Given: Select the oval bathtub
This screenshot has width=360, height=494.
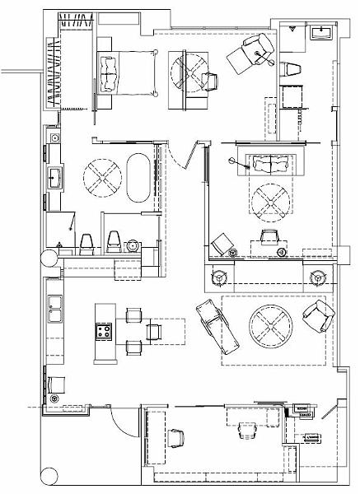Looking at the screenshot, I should pyautogui.click(x=138, y=175).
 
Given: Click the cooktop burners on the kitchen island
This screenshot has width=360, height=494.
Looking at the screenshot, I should pyautogui.click(x=104, y=332).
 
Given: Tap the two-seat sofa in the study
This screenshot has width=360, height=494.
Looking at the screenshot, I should pyautogui.click(x=269, y=165).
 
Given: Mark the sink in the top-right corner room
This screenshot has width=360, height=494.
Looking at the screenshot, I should pyautogui.click(x=322, y=34).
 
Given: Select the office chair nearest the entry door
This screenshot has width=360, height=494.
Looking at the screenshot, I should pyautogui.click(x=175, y=437).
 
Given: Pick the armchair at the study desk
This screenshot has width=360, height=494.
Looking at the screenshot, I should pyautogui.click(x=269, y=239).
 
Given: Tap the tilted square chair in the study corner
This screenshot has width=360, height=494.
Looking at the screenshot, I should pyautogui.click(x=221, y=244).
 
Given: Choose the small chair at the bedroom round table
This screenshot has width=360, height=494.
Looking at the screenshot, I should pyautogui.click(x=208, y=79).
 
